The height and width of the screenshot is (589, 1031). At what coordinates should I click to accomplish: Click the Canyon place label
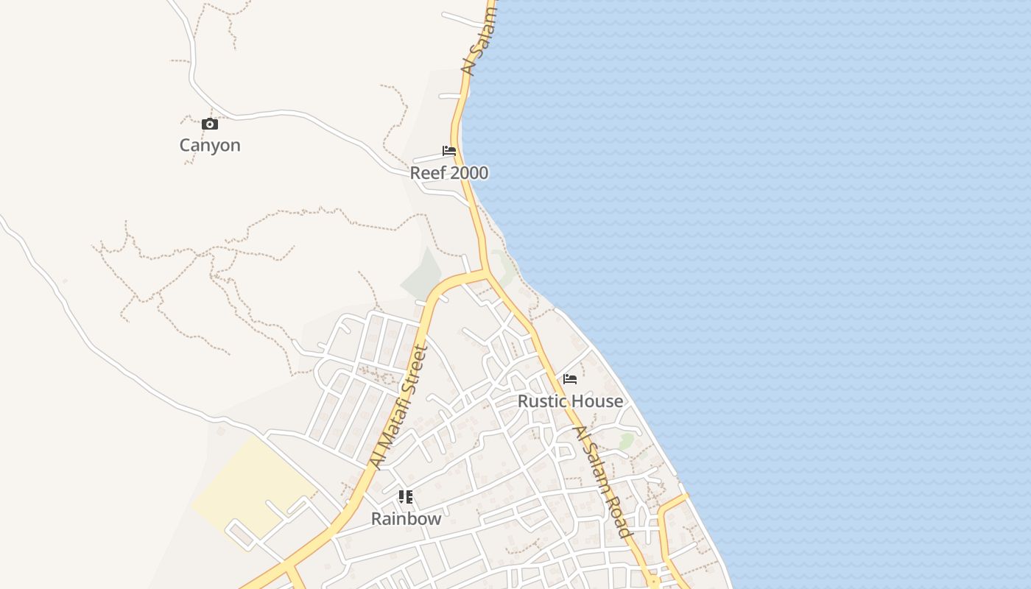(x=210, y=145)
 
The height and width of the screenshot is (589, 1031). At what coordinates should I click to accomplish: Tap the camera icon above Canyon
(x=210, y=124)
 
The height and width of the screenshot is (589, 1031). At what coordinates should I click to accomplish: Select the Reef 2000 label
(x=449, y=173)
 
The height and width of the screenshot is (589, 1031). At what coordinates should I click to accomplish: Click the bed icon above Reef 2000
(x=449, y=151)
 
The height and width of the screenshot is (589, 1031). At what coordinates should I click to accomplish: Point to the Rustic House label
(x=570, y=401)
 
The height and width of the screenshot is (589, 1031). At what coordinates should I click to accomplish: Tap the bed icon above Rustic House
(x=570, y=379)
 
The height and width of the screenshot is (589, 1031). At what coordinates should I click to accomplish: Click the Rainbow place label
(x=406, y=518)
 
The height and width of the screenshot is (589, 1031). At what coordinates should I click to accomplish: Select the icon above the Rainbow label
(x=406, y=497)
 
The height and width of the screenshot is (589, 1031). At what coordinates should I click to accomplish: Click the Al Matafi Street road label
(x=398, y=407)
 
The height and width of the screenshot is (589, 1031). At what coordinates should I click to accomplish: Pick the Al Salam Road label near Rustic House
(x=603, y=482)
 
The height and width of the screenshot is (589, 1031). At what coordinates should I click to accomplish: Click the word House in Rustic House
(x=597, y=401)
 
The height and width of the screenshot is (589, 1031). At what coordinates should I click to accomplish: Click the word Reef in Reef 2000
(x=428, y=173)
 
